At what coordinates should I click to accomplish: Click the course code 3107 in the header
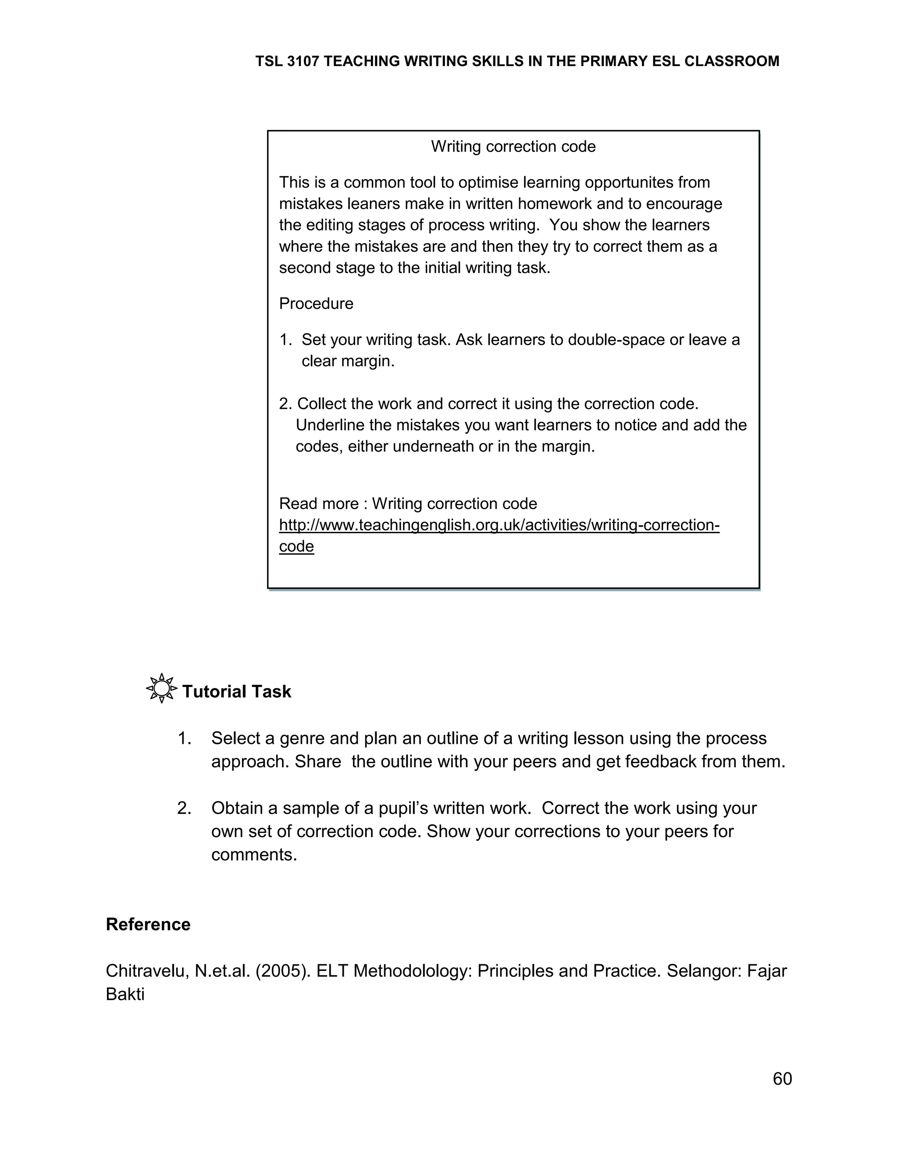point(303,62)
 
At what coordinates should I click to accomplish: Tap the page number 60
point(782,1079)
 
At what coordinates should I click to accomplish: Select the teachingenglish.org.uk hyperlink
point(499,525)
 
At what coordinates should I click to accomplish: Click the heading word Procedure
point(316,304)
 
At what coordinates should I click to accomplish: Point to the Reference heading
point(148,924)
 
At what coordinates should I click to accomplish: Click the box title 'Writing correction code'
point(513,147)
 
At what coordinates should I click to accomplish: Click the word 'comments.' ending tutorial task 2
point(254,854)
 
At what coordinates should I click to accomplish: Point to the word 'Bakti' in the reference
point(125,995)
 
